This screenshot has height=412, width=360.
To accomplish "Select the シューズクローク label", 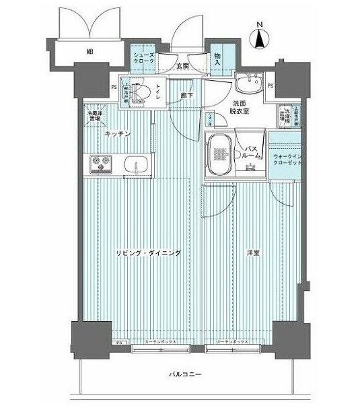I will coord(143,58).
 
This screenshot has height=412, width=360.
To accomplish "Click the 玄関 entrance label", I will coord(182,66).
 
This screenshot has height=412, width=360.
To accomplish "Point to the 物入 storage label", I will coord(217,58).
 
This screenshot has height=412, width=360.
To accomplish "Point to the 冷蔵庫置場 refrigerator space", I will coord(94,115).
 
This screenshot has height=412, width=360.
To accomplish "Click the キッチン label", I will coord(116,134).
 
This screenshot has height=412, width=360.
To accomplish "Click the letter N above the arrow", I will coord(260,27).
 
